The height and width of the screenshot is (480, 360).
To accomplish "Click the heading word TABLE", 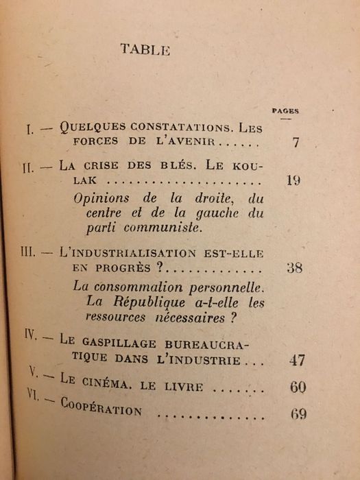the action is point(145,49).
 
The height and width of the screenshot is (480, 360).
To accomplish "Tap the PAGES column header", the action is point(285,110).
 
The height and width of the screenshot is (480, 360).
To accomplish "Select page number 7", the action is point(296,143).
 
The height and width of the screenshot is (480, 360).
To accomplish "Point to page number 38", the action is point(294,267).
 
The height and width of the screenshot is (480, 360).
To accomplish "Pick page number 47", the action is point(297,360).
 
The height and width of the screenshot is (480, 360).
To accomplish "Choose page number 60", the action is point(298,387).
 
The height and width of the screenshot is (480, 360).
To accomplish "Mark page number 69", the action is point(298,414).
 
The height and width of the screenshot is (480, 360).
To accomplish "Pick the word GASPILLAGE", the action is point(121,344).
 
